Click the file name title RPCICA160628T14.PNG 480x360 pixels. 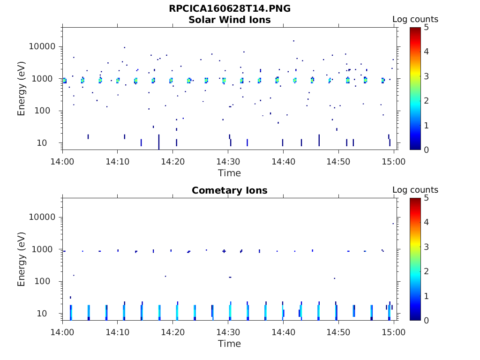click(230, 9)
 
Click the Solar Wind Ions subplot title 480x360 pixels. click(230, 20)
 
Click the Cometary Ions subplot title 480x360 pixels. click(230, 190)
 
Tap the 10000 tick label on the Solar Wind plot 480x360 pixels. click(42, 46)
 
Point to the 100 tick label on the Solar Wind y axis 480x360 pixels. click(47, 111)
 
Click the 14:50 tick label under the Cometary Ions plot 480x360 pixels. click(339, 332)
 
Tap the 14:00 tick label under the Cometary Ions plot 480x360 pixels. click(63, 332)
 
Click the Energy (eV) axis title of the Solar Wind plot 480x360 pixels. click(22, 88)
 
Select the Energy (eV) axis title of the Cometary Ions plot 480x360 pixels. click(22, 259)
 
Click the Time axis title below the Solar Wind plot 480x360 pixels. click(230, 173)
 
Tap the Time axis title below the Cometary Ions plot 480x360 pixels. click(230, 344)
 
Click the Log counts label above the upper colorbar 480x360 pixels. click(415, 19)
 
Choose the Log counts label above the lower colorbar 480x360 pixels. click(415, 190)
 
